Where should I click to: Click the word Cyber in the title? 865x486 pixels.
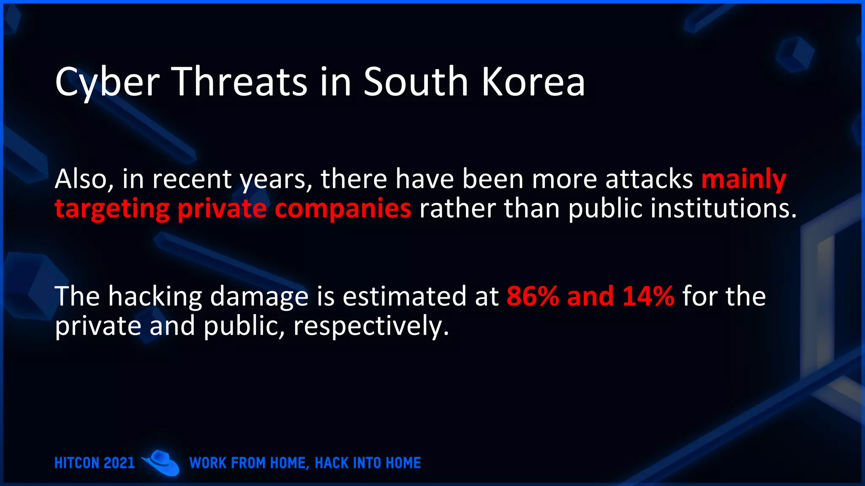[107, 82]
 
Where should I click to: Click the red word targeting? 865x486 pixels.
[112, 209]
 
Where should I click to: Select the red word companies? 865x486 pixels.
[343, 209]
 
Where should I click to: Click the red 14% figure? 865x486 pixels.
[648, 296]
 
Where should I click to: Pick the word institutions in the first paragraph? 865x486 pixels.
[723, 208]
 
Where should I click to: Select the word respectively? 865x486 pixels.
[370, 327]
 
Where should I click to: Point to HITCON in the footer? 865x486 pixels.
[76, 463]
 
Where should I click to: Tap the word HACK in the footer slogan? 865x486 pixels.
[332, 463]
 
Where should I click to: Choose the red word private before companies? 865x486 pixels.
[222, 209]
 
